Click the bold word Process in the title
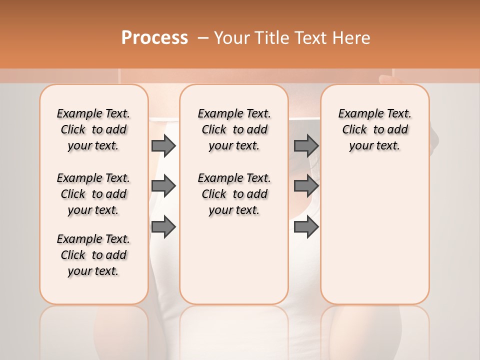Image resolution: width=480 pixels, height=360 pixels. click(154, 38)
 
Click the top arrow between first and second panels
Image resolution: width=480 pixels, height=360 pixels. click(163, 145)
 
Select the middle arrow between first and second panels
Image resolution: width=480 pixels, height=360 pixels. click(163, 186)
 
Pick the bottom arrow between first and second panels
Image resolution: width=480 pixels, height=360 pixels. click(163, 227)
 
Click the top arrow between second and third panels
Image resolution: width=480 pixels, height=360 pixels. click(306, 145)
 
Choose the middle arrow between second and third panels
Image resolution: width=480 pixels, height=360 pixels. click(306, 186)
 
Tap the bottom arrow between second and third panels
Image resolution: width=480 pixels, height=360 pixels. click(306, 227)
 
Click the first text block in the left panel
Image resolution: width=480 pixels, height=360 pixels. click(93, 129)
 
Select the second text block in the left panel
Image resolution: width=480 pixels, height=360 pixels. click(93, 194)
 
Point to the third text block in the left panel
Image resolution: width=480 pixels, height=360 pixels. click(93, 255)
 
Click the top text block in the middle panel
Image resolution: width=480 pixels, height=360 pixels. click(234, 129)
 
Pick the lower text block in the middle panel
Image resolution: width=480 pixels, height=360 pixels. click(234, 194)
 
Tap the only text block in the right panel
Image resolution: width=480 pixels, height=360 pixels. click(374, 129)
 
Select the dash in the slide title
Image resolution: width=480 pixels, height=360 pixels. click(202, 38)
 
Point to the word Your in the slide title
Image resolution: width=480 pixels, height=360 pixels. click(231, 38)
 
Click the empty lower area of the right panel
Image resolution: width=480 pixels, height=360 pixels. click(374, 235)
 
